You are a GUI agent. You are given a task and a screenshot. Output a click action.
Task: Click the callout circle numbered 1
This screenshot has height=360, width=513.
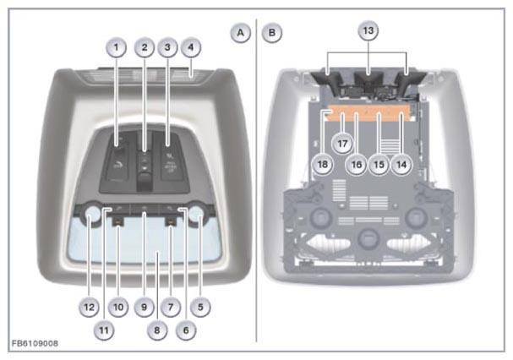pyautogui.click(x=116, y=48)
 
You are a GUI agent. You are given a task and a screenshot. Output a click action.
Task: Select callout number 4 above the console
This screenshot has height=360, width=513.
pyautogui.click(x=191, y=48)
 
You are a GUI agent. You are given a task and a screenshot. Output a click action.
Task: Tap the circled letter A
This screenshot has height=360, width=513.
pyautogui.click(x=241, y=33)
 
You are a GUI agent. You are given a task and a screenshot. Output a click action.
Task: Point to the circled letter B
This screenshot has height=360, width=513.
pyautogui.click(x=271, y=33)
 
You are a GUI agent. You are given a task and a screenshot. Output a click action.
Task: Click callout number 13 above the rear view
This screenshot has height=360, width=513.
pyautogui.click(x=368, y=30)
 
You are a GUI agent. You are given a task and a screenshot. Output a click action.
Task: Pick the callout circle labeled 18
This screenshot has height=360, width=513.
pyautogui.click(x=323, y=164)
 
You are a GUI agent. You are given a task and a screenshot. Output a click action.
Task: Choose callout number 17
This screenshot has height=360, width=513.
pyautogui.click(x=342, y=144)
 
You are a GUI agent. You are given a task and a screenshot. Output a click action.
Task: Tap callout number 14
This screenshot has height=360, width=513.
pyautogui.click(x=401, y=164)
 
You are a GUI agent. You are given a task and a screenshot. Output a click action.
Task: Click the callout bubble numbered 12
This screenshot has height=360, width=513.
pyautogui.click(x=89, y=308)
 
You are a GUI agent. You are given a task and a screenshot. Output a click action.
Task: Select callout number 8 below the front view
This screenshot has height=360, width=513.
pyautogui.click(x=157, y=330)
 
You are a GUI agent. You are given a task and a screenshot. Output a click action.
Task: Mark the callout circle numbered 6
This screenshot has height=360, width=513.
pyautogui.click(x=186, y=330)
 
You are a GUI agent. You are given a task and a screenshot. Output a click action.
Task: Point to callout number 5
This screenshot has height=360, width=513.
pyautogui.click(x=200, y=308)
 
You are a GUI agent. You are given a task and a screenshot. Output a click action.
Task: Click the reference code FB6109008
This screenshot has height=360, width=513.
pyautogui.click(x=35, y=343)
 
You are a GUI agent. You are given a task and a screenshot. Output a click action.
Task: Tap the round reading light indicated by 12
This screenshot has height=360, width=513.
pyautogui.click(x=93, y=215)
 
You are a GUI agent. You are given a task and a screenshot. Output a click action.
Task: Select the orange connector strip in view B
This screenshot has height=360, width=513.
pyautogui.click(x=370, y=113)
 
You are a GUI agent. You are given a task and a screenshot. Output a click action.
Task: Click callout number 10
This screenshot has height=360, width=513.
pyautogui.click(x=118, y=308)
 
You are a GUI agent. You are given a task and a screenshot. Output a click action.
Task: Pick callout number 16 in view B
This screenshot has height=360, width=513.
pyautogui.click(x=357, y=164)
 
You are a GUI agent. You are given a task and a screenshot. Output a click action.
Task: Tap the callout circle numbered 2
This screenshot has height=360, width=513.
pyautogui.click(x=145, y=48)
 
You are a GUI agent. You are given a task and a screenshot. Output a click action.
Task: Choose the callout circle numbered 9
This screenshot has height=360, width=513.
pyautogui.click(x=144, y=308)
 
